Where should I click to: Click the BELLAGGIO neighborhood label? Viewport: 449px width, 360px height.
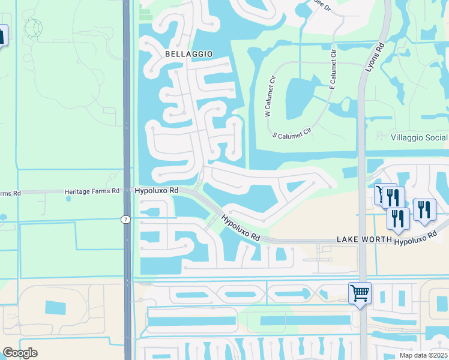pos(189,54)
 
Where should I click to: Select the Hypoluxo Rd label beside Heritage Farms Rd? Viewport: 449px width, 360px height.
pos(157,190)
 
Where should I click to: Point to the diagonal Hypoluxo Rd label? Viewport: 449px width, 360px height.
pos(240,228)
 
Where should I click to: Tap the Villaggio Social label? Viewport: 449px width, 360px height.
pos(419,138)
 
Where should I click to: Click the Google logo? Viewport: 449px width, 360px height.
pos(20,353)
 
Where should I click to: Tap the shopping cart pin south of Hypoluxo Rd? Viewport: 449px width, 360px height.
pos(360,293)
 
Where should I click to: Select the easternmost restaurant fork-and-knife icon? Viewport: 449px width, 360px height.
pos(424,209)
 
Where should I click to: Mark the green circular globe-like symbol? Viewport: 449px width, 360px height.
pos(34,28)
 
